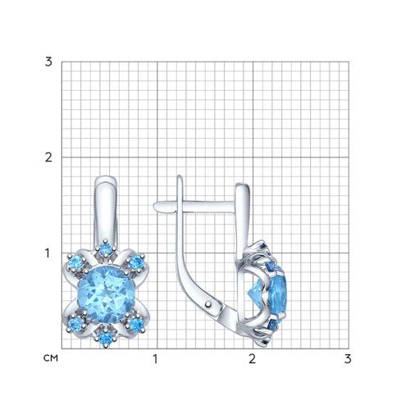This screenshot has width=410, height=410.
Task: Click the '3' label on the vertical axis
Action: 48,62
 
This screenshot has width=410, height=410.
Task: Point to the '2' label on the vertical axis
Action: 48,157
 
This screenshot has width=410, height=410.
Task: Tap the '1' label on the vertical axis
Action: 48,253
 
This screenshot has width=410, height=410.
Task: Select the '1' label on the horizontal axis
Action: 156,359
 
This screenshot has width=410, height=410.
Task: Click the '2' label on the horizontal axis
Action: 252,359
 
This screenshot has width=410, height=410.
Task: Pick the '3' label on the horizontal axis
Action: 348,359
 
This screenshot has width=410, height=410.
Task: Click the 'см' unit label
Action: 51,358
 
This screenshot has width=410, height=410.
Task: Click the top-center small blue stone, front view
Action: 105,248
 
